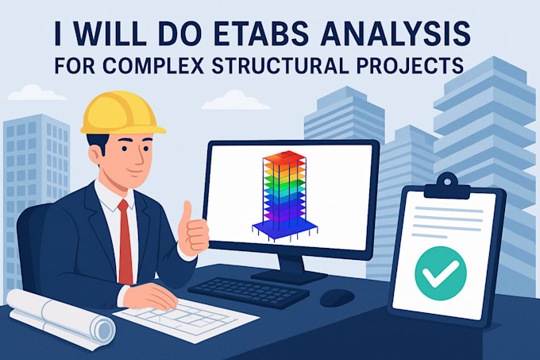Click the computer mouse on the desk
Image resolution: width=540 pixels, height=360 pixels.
tap(337, 296)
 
